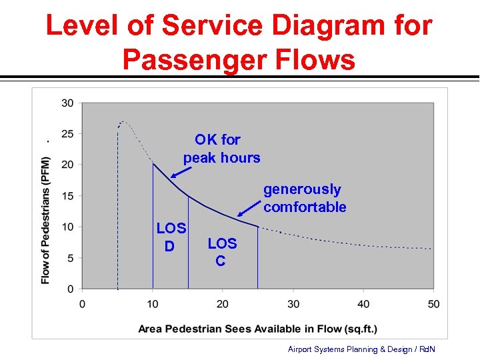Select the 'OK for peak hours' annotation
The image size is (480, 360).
click(221, 149)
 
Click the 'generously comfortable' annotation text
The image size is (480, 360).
click(305, 198)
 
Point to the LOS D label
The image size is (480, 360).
click(171, 237)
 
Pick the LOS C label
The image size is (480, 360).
click(221, 252)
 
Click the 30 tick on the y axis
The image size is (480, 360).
click(67, 103)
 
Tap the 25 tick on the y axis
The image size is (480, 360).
click(67, 134)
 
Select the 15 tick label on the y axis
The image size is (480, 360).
click(67, 196)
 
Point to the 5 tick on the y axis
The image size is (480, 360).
click(70, 258)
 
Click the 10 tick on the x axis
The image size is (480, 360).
click(153, 304)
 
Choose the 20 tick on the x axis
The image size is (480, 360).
click(223, 304)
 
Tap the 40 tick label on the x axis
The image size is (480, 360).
click(363, 304)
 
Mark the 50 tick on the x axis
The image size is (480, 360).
click(433, 304)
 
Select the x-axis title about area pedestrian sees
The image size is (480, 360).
click(257, 328)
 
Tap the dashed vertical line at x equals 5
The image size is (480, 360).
click(118, 213)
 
